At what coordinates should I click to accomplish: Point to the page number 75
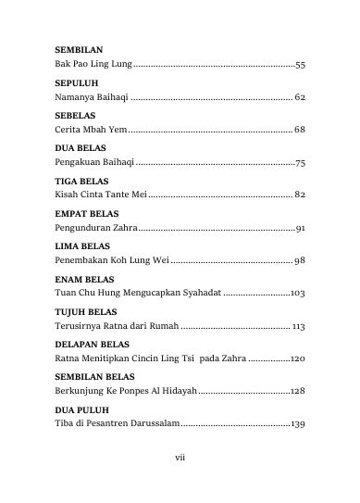pyautogui.click(x=300, y=162)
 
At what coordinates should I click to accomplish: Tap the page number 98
pyautogui.click(x=300, y=259)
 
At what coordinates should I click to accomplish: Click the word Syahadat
pyautogui.click(x=197, y=292)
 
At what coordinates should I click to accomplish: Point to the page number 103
pyautogui.click(x=297, y=292)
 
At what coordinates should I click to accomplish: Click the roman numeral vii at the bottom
pyautogui.click(x=180, y=456)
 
